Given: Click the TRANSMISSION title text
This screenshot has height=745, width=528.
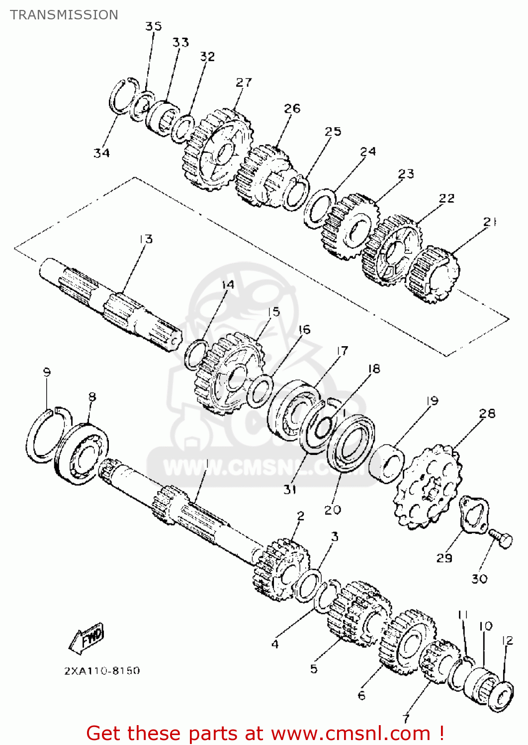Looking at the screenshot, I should [x=64, y=15].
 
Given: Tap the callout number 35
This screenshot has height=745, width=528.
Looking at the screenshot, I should [x=154, y=26].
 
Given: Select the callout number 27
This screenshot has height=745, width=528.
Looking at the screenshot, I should [x=244, y=82].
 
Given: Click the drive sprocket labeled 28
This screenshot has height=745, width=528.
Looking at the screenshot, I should [x=428, y=487].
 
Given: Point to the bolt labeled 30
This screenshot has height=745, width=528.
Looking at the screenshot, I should [x=501, y=539].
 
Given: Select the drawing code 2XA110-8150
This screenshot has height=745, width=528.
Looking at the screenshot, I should [x=102, y=670].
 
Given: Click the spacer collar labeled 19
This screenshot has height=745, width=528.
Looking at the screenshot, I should [x=387, y=463].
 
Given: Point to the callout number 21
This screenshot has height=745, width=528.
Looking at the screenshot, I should [x=490, y=222].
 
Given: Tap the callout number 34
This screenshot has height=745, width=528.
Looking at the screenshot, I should [x=101, y=153].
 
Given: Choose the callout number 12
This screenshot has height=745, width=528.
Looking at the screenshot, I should [x=507, y=641].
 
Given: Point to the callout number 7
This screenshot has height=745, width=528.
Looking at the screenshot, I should [x=406, y=718].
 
